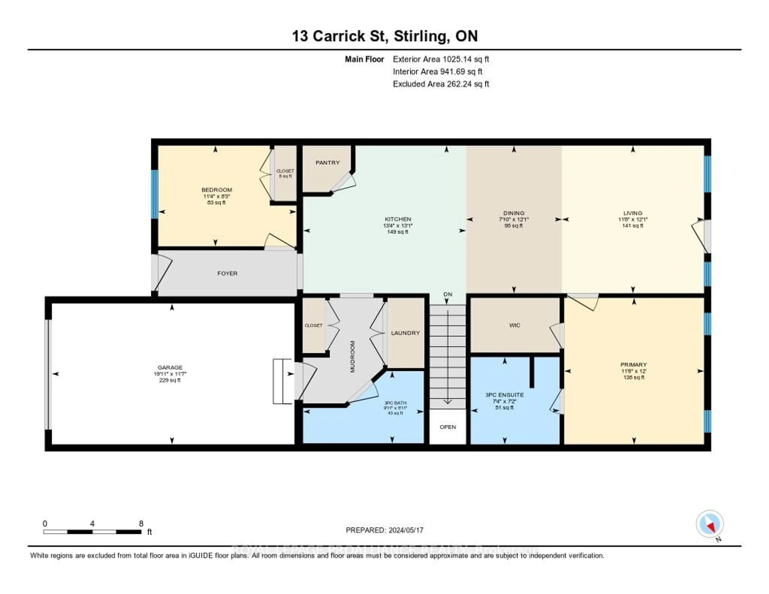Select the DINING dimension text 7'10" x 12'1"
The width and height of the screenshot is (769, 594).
pyautogui.click(x=513, y=219)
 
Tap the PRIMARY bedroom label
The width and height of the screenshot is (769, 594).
pyautogui.click(x=633, y=365)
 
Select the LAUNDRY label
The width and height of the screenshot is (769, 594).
pyautogui.click(x=405, y=333)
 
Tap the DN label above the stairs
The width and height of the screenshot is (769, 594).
pyautogui.click(x=448, y=294)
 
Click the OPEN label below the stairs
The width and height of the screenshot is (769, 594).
pyautogui.click(x=448, y=427)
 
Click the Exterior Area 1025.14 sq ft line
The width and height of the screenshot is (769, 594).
pyautogui.click(x=441, y=59)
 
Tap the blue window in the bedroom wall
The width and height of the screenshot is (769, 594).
pyautogui.click(x=154, y=194)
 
